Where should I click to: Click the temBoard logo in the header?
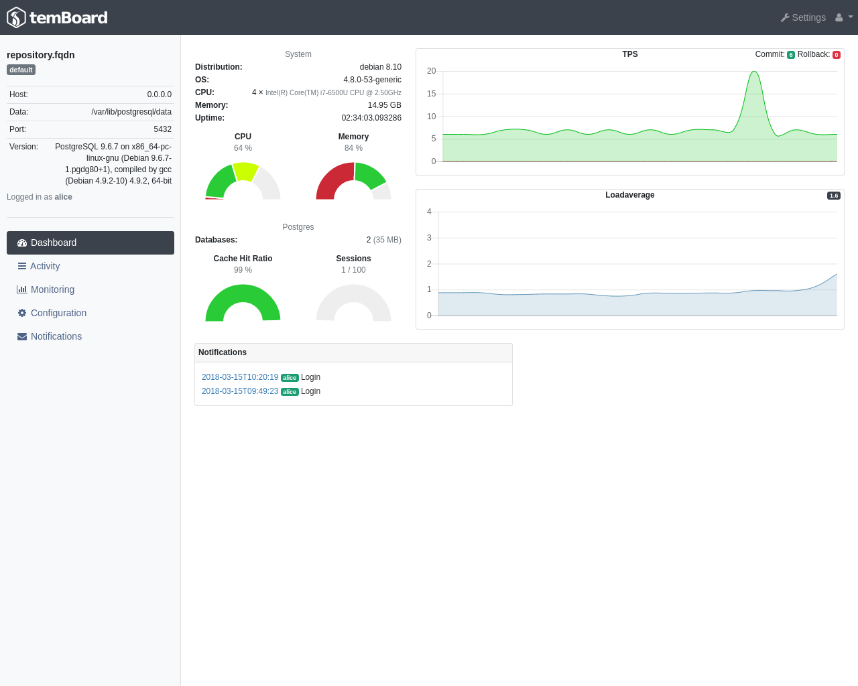57,17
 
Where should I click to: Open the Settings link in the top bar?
803,17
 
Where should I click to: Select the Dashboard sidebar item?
90,243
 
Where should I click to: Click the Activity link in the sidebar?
45,266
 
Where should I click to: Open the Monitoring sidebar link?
52,289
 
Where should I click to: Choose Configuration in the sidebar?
58,313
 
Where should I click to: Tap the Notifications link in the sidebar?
56,336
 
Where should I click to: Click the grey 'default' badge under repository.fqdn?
21,70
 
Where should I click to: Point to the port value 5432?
162,129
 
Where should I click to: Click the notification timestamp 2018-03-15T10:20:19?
240,377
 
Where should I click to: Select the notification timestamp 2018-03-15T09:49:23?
240,391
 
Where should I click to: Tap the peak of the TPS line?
755,72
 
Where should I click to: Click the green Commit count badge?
791,55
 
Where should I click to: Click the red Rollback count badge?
837,55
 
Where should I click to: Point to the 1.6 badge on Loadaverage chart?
833,196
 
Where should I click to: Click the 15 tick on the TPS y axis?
431,94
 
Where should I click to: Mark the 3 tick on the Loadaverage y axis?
429,238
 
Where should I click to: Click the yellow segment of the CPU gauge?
245,171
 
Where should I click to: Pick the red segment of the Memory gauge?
332,181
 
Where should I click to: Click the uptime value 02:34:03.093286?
371,118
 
